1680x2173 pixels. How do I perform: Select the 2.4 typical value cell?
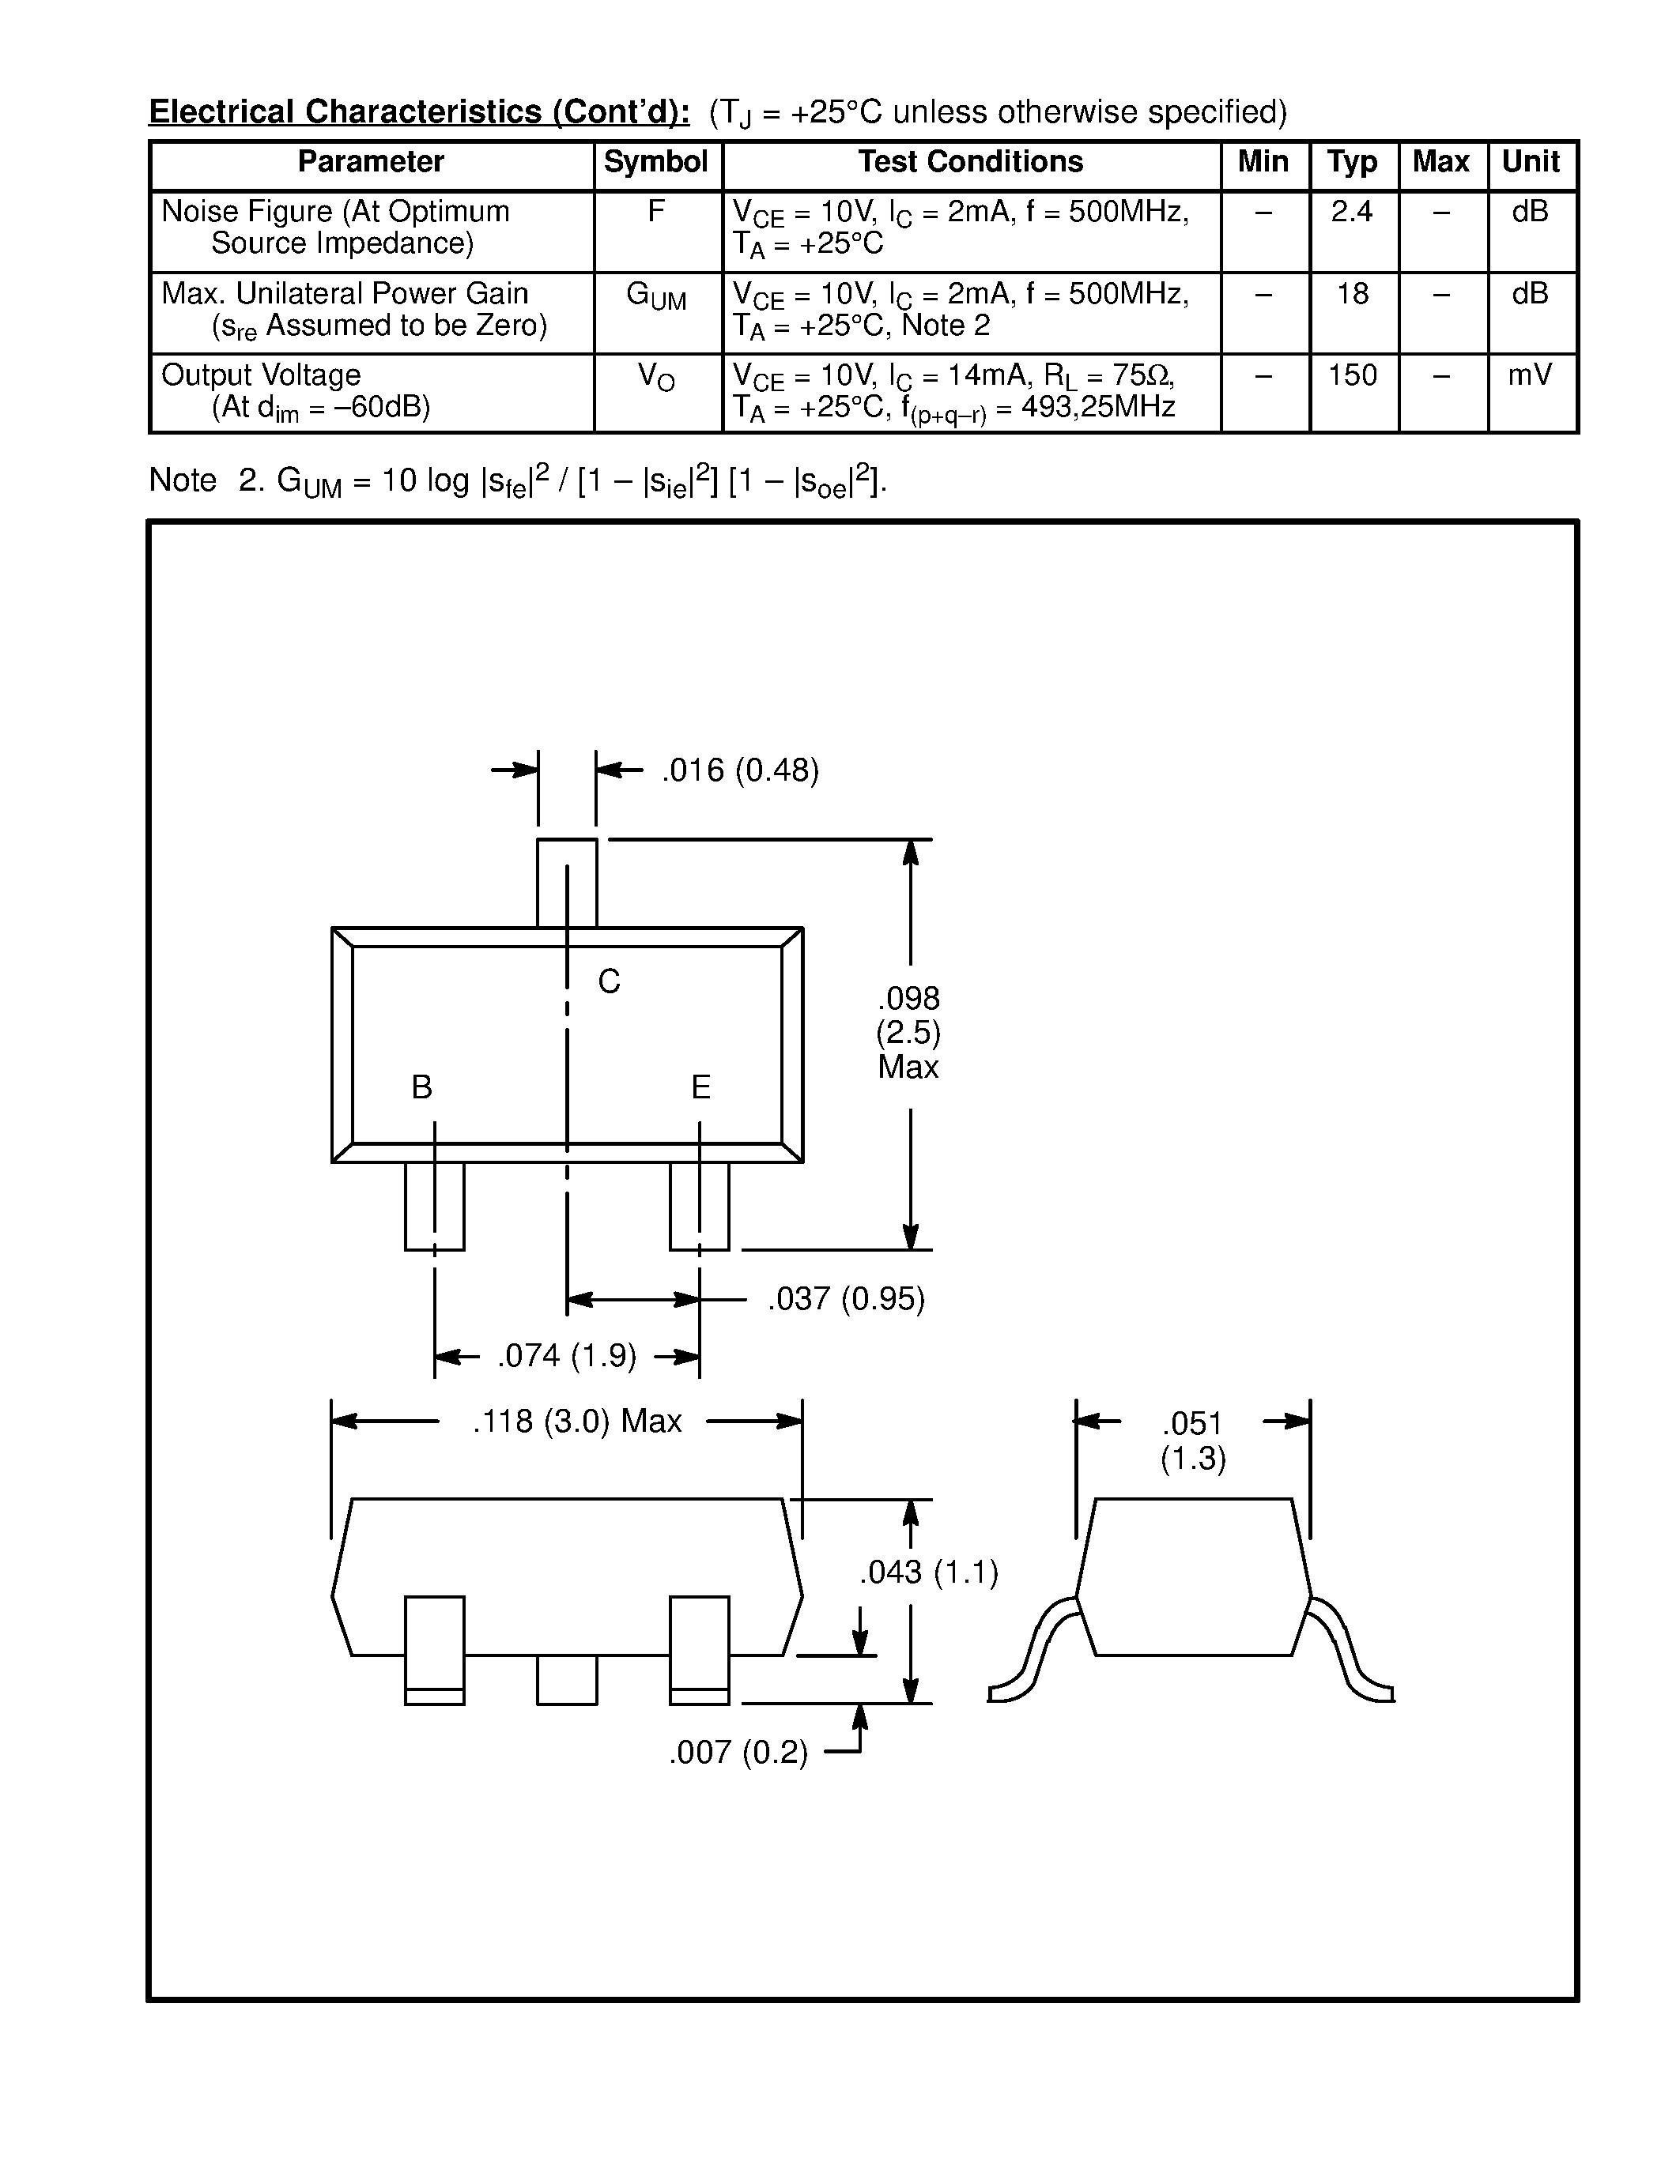click(x=1352, y=212)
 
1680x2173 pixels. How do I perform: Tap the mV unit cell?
click(x=1530, y=376)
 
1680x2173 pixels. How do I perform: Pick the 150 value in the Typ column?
click(x=1352, y=376)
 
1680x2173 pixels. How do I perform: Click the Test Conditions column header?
click(x=970, y=162)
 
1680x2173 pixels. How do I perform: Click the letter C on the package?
click(x=608, y=982)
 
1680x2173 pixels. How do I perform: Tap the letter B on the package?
click(x=421, y=1087)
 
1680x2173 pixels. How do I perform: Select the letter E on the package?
click(x=700, y=1087)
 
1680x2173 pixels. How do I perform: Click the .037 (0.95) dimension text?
click(x=846, y=1299)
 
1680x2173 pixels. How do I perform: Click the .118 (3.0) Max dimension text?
click(x=576, y=1421)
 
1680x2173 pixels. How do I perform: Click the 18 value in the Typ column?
click(x=1352, y=295)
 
